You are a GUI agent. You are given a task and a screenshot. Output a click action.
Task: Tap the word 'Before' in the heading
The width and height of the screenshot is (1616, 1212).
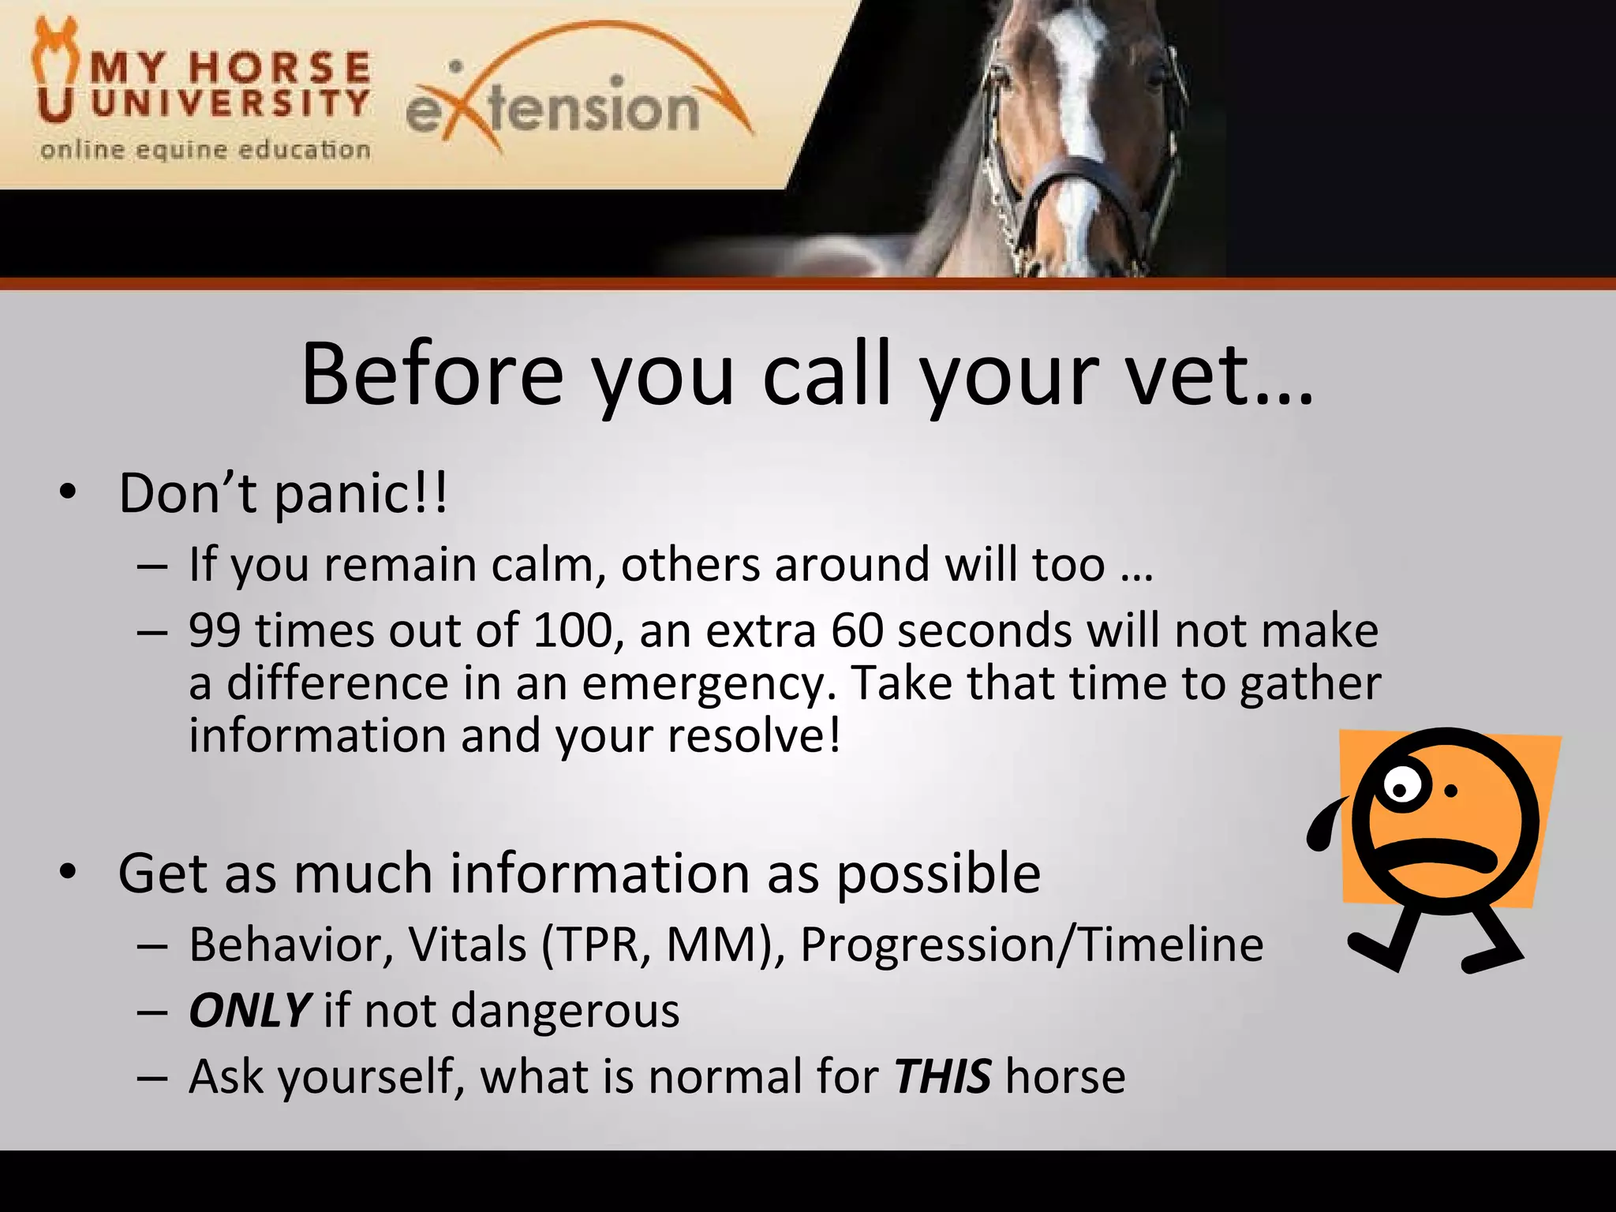(x=432, y=374)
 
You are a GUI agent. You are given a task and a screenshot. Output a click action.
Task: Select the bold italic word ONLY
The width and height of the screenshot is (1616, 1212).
(x=249, y=1011)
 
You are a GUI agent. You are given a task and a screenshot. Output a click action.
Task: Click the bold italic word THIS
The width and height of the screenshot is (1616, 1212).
(x=942, y=1077)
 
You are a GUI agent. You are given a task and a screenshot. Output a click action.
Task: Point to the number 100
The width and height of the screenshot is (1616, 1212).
(x=573, y=631)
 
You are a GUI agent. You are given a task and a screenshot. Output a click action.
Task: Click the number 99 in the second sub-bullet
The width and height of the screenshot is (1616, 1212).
(x=215, y=631)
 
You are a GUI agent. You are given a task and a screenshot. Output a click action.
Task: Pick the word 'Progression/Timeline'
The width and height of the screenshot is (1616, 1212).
(x=1031, y=945)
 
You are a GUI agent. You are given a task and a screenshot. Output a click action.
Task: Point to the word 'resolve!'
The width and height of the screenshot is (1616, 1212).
(x=754, y=736)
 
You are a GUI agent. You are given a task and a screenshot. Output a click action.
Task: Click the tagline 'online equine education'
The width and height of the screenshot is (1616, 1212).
(x=205, y=150)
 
